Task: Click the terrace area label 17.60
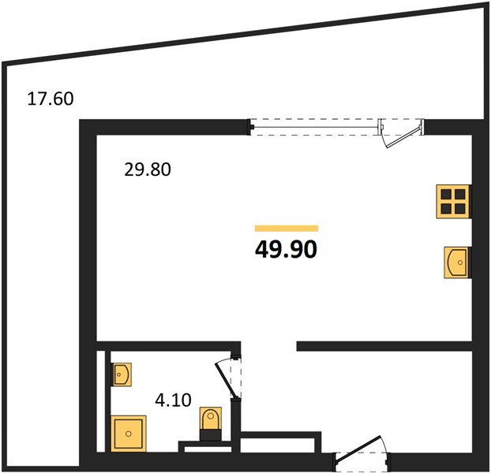coord(51,99)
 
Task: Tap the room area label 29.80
coord(148,169)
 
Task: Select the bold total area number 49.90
coord(287,250)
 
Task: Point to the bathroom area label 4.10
coord(173,400)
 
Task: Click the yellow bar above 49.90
coord(287,228)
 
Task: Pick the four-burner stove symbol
coord(453,202)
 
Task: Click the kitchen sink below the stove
coord(457,263)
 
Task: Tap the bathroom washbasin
coord(122,374)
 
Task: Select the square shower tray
coord(129,434)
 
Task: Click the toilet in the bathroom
coord(211,419)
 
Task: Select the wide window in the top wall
coord(314,127)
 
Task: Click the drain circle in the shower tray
coord(129,434)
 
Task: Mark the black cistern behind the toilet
coord(211,435)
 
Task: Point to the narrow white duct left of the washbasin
coord(100,401)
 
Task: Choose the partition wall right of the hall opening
coord(384,346)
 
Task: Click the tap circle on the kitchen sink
coord(460,263)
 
